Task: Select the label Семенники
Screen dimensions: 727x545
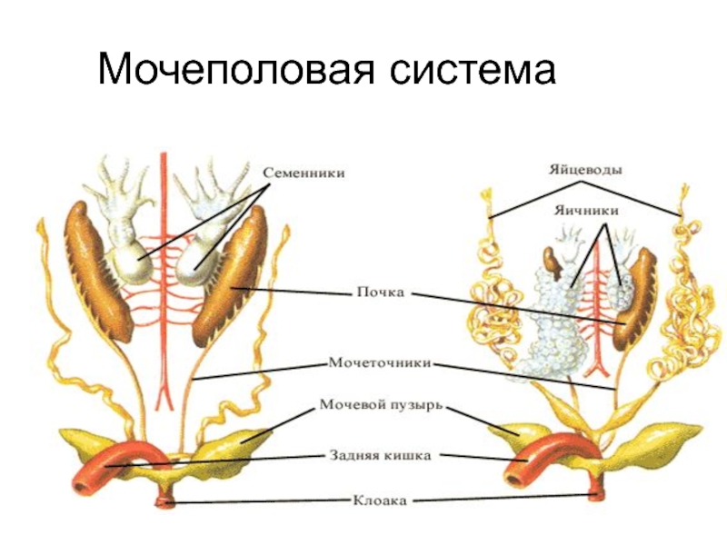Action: pyautogui.click(x=304, y=171)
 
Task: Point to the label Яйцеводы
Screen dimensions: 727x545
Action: pyautogui.click(x=584, y=169)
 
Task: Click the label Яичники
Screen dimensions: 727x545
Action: pyautogui.click(x=586, y=210)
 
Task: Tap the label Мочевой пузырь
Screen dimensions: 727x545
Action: pyautogui.click(x=381, y=404)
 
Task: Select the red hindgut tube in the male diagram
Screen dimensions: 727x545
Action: pyautogui.click(x=127, y=459)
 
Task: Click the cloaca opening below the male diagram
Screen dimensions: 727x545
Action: pyautogui.click(x=165, y=497)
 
